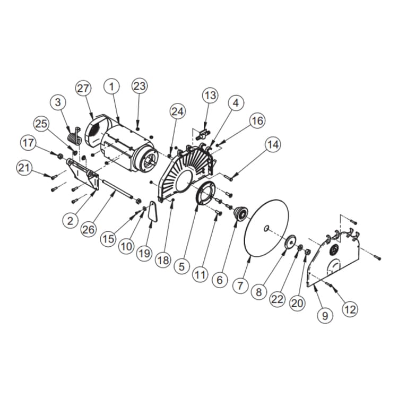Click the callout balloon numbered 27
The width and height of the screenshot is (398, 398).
83,89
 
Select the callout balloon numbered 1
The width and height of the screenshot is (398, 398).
111,85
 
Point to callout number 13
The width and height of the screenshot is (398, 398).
210,96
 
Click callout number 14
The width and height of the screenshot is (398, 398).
273,144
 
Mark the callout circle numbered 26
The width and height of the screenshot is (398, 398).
89,229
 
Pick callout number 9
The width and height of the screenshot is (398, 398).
325,315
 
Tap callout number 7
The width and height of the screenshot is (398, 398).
240,285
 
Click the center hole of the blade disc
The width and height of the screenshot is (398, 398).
268,229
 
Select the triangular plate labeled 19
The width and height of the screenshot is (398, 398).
152,211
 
